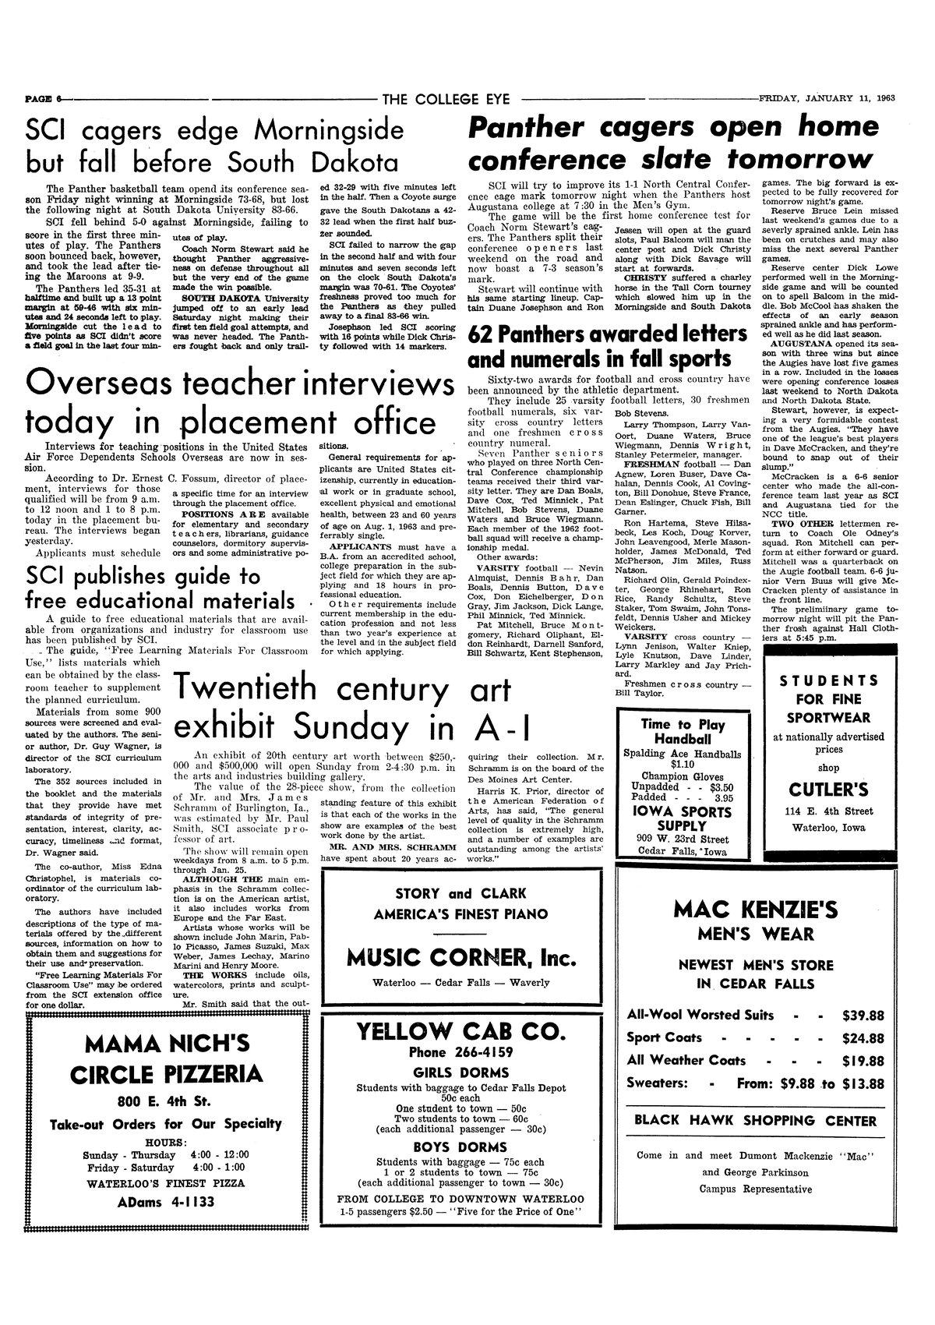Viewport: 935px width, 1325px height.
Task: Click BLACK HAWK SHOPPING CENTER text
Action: pyautogui.click(x=755, y=1121)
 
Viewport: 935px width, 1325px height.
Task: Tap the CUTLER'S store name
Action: pyautogui.click(x=827, y=790)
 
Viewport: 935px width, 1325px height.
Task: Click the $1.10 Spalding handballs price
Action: pyautogui.click(x=679, y=765)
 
